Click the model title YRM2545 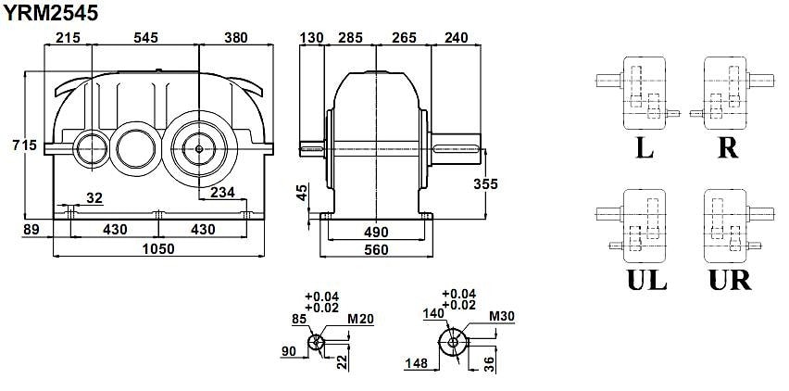pyautogui.click(x=50, y=13)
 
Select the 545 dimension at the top pyautogui.click(x=145, y=38)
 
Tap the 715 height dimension pyautogui.click(x=25, y=145)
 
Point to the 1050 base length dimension pyautogui.click(x=158, y=249)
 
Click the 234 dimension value pyautogui.click(x=222, y=192)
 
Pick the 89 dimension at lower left pyautogui.click(x=31, y=230)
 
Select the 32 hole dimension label pyautogui.click(x=94, y=198)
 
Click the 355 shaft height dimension pyautogui.click(x=485, y=184)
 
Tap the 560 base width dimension pyautogui.click(x=376, y=249)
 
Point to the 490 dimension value pyautogui.click(x=376, y=232)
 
